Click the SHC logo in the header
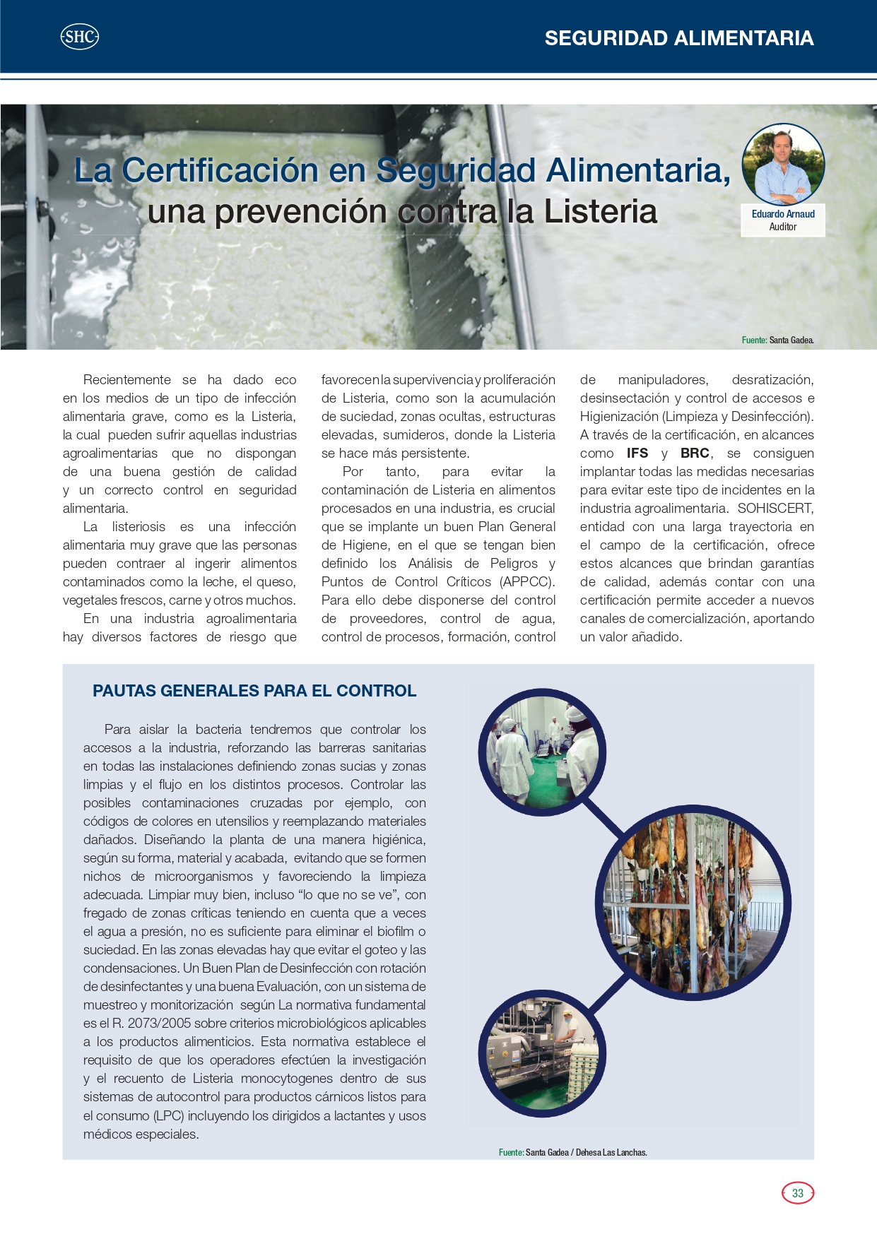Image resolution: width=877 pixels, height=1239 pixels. pyautogui.click(x=79, y=37)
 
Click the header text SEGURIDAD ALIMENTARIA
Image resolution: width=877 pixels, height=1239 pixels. pyautogui.click(x=678, y=38)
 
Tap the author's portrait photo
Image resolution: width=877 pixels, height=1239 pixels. pyautogui.click(x=783, y=165)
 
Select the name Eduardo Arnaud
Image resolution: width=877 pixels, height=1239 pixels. pyautogui.click(x=783, y=214)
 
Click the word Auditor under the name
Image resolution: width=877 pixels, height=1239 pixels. pyautogui.click(x=783, y=227)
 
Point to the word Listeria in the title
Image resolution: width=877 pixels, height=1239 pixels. pyautogui.click(x=600, y=212)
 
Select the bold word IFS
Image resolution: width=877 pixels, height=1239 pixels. pyautogui.click(x=637, y=453)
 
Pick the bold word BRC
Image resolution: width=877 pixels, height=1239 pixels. pyautogui.click(x=695, y=453)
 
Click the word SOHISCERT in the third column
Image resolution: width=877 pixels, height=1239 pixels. pyautogui.click(x=775, y=509)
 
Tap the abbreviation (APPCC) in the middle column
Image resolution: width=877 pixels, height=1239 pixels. pyautogui.click(x=526, y=582)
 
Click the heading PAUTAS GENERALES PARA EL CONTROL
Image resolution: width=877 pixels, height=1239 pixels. pyautogui.click(x=254, y=691)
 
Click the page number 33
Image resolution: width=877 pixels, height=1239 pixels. pyautogui.click(x=798, y=1193)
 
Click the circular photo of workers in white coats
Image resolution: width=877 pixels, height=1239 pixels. pyautogui.click(x=543, y=749)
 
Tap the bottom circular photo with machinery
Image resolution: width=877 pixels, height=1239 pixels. pyautogui.click(x=543, y=1054)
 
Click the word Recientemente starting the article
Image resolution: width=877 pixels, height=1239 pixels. pyautogui.click(x=127, y=380)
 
